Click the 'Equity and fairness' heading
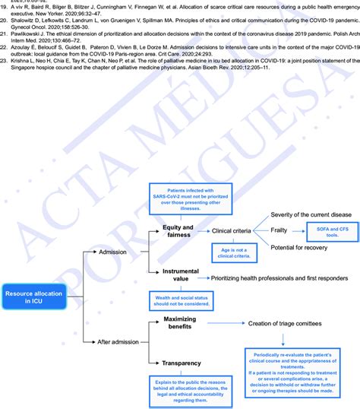pyautogui.click(x=177, y=230)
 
